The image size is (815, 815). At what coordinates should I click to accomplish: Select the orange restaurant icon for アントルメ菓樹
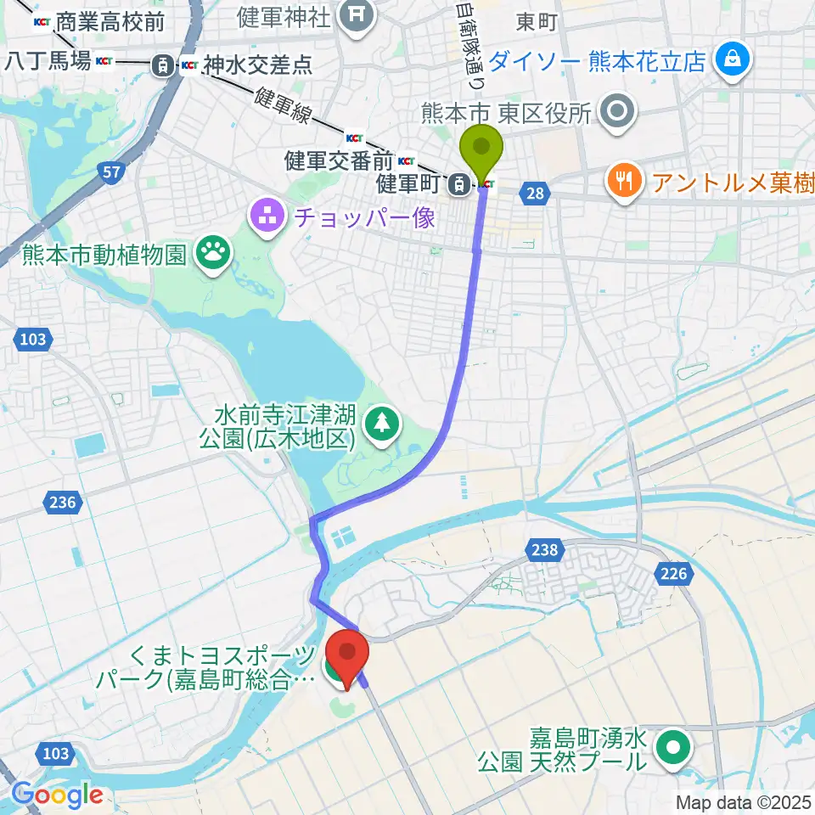pos(624,181)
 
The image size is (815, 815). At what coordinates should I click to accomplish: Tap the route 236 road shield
pos(62,503)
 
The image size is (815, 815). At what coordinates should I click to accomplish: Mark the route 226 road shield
pos(672,575)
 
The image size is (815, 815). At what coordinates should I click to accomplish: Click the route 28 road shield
pos(534,194)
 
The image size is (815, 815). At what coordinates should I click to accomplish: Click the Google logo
pos(57,795)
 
